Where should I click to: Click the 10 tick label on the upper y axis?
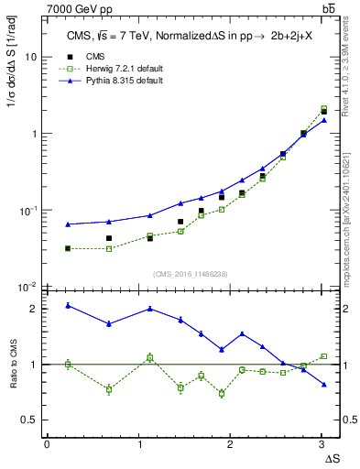pyautogui.click(x=30, y=57)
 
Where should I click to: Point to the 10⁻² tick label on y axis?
pyautogui.click(x=28, y=288)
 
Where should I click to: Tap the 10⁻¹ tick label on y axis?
pyautogui.click(x=28, y=211)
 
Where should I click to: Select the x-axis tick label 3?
pyautogui.click(x=321, y=444)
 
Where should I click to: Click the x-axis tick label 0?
pyautogui.click(x=47, y=444)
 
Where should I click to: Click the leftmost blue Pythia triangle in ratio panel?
pyautogui.click(x=68, y=305)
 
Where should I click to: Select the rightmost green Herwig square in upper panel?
pyautogui.click(x=323, y=108)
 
